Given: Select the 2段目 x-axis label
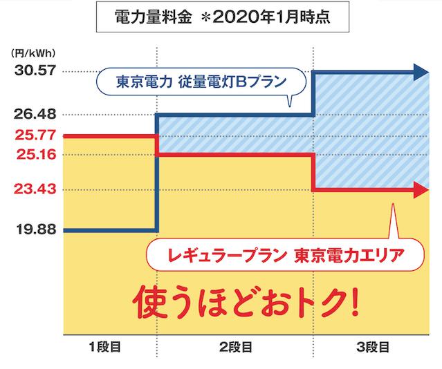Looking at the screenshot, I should [235, 346].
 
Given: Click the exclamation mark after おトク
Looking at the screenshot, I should [356, 301].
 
